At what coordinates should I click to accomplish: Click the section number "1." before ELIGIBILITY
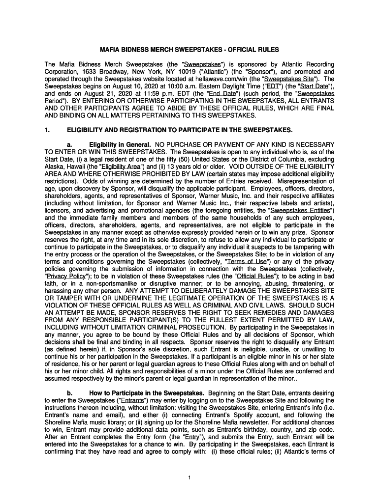pyautogui.click(x=47, y=130)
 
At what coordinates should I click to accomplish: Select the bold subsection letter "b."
pyautogui.click(x=69, y=393)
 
